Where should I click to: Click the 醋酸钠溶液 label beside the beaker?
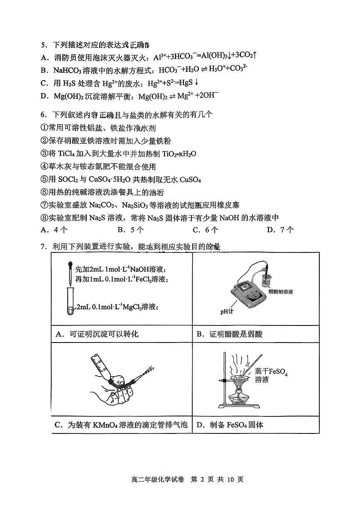(x=281, y=292)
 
